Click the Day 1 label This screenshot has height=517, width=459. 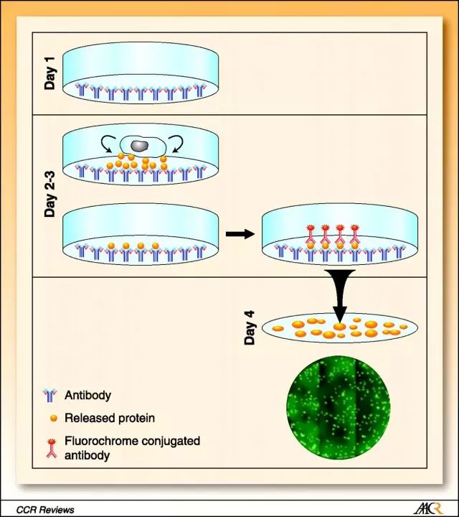[x=50, y=74]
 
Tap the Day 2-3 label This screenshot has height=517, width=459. [x=50, y=193]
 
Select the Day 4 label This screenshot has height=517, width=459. [x=250, y=328]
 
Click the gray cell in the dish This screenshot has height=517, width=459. [x=141, y=145]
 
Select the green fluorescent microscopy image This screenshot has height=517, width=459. [x=336, y=409]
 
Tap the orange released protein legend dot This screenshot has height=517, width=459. [x=52, y=417]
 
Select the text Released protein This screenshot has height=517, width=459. [x=110, y=417]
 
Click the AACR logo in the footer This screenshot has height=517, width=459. [x=429, y=508]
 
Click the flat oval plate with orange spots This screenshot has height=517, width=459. [x=338, y=329]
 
